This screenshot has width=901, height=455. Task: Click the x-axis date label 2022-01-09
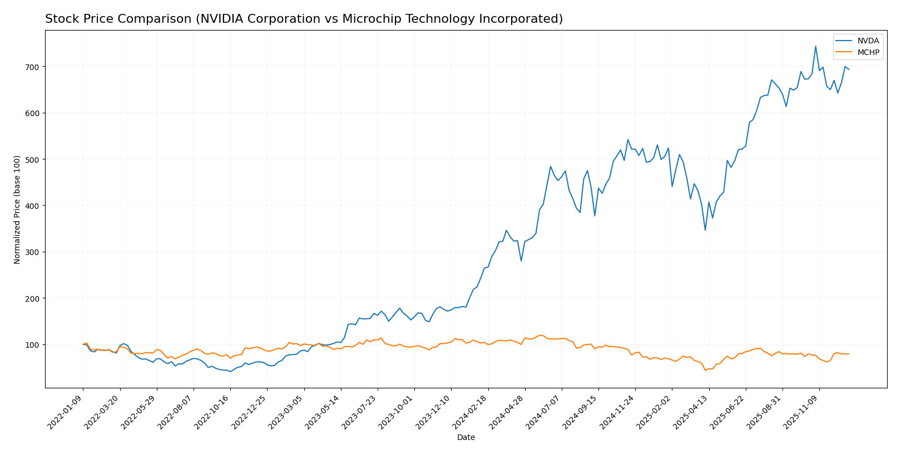66,411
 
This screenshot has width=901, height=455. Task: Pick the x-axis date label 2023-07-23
360,411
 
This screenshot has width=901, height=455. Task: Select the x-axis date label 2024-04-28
508,411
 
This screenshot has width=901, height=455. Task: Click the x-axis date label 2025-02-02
655,411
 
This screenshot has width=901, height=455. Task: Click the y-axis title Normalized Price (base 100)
17,209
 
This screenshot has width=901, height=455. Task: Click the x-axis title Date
466,438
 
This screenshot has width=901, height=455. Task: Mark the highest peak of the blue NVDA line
816,46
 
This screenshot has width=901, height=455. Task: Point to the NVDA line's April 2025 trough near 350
705,230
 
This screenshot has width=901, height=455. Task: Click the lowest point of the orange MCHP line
705,370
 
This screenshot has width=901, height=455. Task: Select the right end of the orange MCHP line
849,354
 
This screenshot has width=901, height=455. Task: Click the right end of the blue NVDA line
849,69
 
